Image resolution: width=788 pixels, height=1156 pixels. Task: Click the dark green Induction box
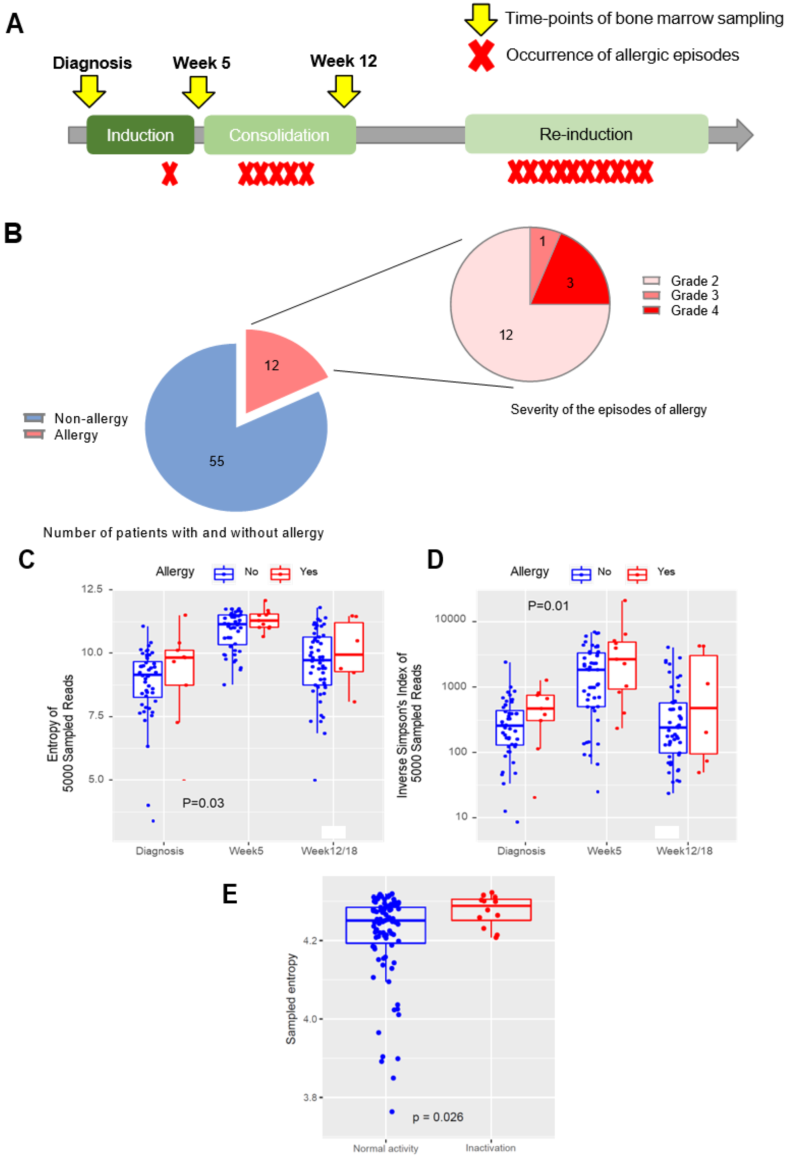pos(140,135)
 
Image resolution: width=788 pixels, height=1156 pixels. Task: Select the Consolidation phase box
pos(279,135)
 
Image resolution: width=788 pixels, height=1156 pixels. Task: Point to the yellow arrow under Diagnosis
pos(90,91)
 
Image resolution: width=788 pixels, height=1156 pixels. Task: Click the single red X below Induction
pos(170,174)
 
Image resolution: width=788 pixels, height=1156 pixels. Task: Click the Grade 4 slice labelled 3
pos(572,281)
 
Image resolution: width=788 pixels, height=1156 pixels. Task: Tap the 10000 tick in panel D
pos(450,619)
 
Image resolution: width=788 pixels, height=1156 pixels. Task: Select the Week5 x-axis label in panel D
pos(604,851)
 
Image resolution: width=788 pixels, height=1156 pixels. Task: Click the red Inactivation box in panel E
pos(491,910)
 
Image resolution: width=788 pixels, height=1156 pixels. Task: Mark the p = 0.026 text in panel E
pos(438,1117)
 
